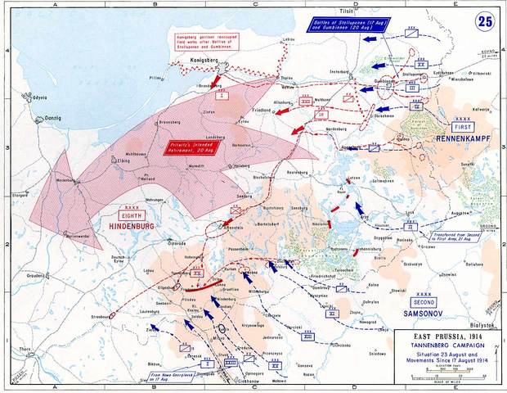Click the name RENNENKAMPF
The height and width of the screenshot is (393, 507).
point(464,139)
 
